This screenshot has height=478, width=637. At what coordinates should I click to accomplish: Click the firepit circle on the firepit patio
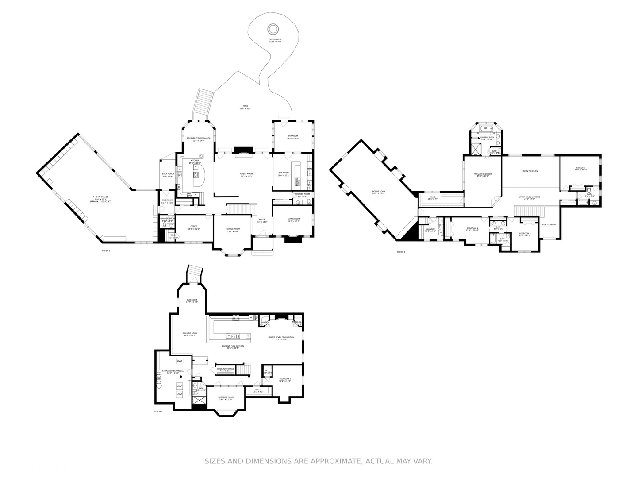pyautogui.click(x=273, y=29)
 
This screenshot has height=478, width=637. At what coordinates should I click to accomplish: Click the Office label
pyautogui.click(x=194, y=227)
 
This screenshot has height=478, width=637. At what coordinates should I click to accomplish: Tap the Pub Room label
pyautogui.click(x=192, y=301)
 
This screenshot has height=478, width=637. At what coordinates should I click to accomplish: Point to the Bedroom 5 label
pyautogui.click(x=285, y=379)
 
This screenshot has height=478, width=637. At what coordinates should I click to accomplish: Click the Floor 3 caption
pyautogui.click(x=401, y=252)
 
